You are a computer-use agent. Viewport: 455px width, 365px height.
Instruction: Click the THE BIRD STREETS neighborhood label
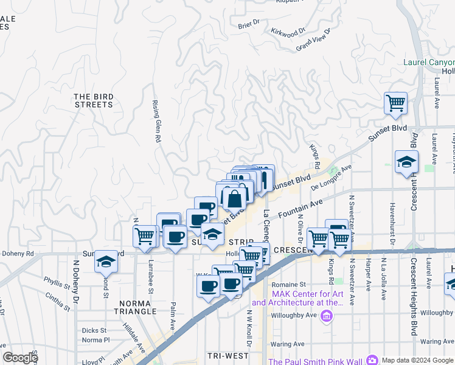click(94, 100)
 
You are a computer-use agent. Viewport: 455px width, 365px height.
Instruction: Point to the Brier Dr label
click(249, 24)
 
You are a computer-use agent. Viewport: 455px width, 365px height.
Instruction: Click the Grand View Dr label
click(313, 40)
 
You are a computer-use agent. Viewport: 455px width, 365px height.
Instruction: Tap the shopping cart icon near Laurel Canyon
click(395, 103)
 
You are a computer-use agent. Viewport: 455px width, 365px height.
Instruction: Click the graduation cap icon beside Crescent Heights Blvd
click(406, 162)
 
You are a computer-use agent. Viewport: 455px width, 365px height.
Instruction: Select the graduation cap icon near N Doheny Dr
click(106, 261)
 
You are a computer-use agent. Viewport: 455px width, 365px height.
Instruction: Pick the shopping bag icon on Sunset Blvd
click(234, 198)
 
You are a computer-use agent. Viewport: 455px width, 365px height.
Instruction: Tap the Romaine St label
click(288, 284)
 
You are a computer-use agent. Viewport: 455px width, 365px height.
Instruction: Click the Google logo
click(20, 358)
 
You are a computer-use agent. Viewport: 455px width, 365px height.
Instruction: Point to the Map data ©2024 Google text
click(417, 360)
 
